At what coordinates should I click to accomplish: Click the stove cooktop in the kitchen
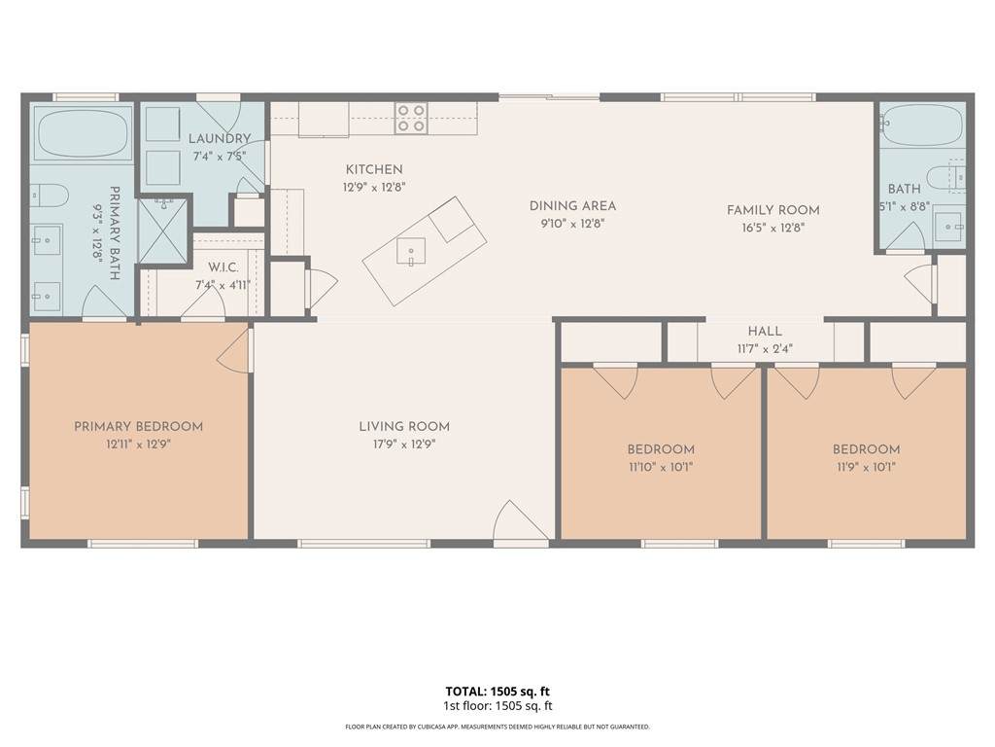411,118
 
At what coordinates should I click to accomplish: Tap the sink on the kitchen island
411,251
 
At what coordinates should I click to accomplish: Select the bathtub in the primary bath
83,132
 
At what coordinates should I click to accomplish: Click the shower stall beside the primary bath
163,230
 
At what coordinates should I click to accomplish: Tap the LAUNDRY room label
220,138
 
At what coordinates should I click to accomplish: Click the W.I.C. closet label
223,268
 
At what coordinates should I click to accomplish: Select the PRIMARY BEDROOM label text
138,427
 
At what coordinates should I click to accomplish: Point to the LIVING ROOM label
404,427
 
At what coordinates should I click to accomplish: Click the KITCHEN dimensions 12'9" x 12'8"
374,188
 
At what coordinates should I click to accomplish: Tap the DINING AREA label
572,206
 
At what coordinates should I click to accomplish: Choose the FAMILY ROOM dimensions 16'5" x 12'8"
772,228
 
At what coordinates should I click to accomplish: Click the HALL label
765,332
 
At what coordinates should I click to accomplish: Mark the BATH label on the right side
905,189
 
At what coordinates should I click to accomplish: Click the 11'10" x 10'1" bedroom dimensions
661,468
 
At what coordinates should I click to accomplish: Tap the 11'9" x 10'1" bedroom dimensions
866,468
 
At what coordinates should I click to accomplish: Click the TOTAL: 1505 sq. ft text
497,692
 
